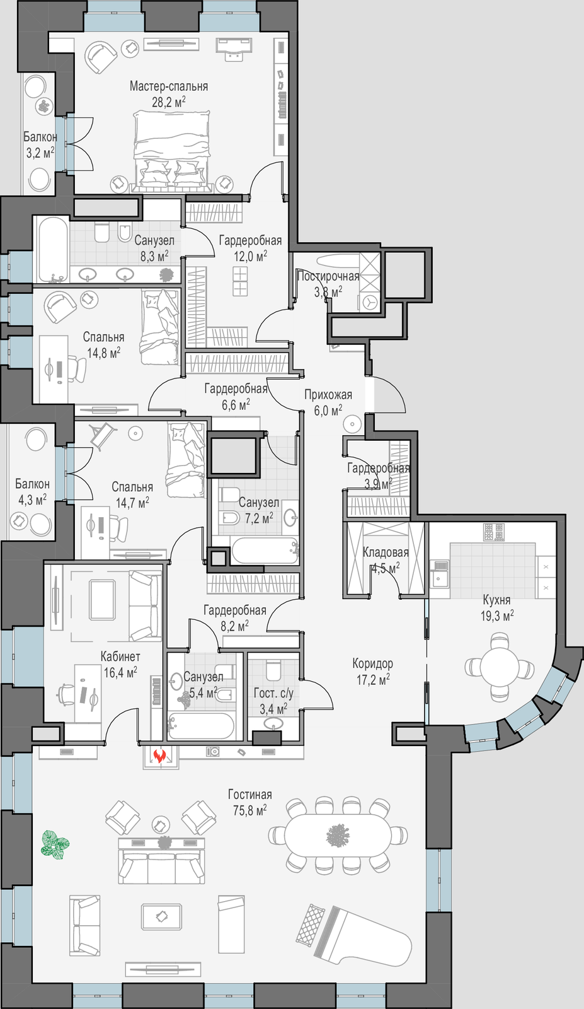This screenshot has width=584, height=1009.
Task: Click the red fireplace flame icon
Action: pos(159,755)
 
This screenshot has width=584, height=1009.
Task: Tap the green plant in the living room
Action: pos(55,846)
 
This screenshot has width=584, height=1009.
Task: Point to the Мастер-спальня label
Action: pos(169,86)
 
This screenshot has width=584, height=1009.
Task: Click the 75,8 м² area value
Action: pos(249,823)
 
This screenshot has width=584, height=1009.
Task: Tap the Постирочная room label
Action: pos(328,276)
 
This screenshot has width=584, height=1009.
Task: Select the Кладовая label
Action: pos(386,552)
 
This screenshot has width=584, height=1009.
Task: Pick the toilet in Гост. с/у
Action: pos(273,671)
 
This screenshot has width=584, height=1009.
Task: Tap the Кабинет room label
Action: pos(120,656)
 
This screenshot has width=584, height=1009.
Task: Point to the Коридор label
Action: pos(372,663)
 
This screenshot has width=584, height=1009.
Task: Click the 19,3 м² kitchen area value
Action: pos(497,615)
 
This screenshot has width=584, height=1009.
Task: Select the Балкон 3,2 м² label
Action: pos(40,144)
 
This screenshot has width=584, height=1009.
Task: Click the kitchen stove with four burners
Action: pos(494,532)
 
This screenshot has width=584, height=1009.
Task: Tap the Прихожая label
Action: pos(328,395)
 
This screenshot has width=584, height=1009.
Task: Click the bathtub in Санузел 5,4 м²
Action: pos(201,726)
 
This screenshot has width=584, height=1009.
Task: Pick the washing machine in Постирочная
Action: pos(370,302)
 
